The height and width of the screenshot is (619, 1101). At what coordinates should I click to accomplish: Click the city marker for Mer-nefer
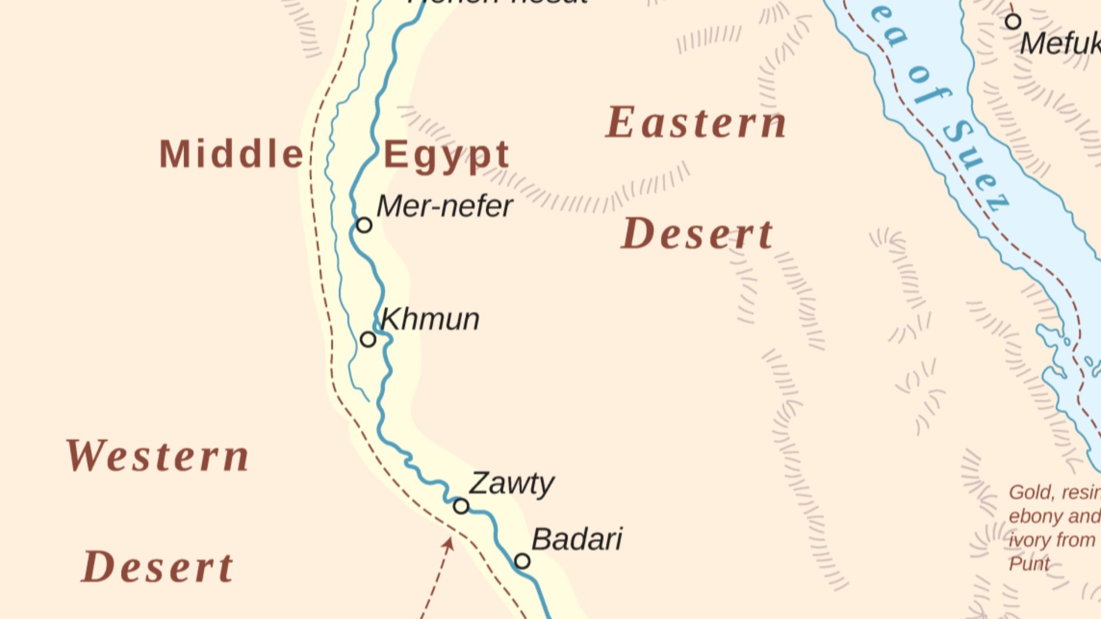pyautogui.click(x=364, y=225)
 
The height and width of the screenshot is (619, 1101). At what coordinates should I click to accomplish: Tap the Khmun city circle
pyautogui.click(x=368, y=339)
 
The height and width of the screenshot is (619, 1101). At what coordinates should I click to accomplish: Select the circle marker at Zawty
pyautogui.click(x=461, y=506)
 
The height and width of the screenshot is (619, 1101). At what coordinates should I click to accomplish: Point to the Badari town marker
pyautogui.click(x=522, y=561)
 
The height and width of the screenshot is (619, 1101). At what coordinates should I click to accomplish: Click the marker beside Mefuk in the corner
pyautogui.click(x=1013, y=22)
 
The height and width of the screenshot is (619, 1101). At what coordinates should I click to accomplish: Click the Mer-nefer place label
pyautogui.click(x=444, y=206)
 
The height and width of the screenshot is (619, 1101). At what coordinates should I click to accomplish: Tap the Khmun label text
pyautogui.click(x=430, y=319)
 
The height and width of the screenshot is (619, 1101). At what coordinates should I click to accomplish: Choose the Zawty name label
pyautogui.click(x=512, y=483)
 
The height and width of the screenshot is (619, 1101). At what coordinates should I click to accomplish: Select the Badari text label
pyautogui.click(x=577, y=539)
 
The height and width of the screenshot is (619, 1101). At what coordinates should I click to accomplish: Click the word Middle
pyautogui.click(x=231, y=154)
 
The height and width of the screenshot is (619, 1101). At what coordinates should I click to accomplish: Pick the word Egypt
pyautogui.click(x=446, y=156)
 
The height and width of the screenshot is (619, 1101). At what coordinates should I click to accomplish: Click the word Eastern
pyautogui.click(x=696, y=123)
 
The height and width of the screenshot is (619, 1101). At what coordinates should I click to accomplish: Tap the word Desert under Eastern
pyautogui.click(x=697, y=234)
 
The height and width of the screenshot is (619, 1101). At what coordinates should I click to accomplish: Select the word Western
pyautogui.click(x=158, y=456)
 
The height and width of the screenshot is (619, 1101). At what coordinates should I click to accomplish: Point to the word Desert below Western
pyautogui.click(x=158, y=567)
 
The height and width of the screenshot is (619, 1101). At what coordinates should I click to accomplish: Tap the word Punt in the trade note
pyautogui.click(x=1029, y=564)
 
